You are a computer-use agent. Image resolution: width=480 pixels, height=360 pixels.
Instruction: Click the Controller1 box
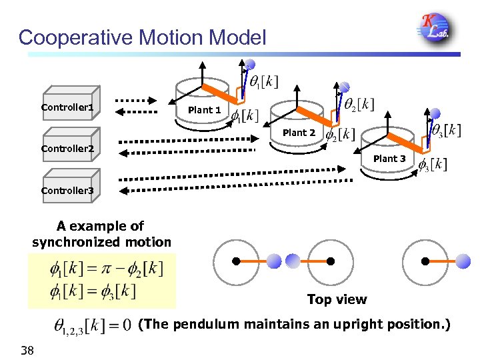[x=70, y=107]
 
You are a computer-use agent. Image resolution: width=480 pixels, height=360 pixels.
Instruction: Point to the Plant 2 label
[x=299, y=133]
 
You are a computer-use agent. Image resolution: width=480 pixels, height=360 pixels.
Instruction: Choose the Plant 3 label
[x=389, y=159]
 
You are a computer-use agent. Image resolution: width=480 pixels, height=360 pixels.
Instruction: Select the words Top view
[x=337, y=299]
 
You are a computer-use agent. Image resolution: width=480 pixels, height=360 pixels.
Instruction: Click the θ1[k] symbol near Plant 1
[x=263, y=81]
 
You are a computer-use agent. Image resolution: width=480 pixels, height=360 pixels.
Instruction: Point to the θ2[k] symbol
[x=359, y=104]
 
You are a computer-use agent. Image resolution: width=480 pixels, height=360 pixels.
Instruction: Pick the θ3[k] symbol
[x=445, y=130]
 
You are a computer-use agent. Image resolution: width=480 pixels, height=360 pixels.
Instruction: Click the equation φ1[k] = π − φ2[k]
[x=106, y=270]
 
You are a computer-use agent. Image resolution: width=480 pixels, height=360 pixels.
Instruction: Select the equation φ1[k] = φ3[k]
[x=93, y=291]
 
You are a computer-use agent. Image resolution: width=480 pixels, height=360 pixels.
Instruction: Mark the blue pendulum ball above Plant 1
[x=249, y=65]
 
